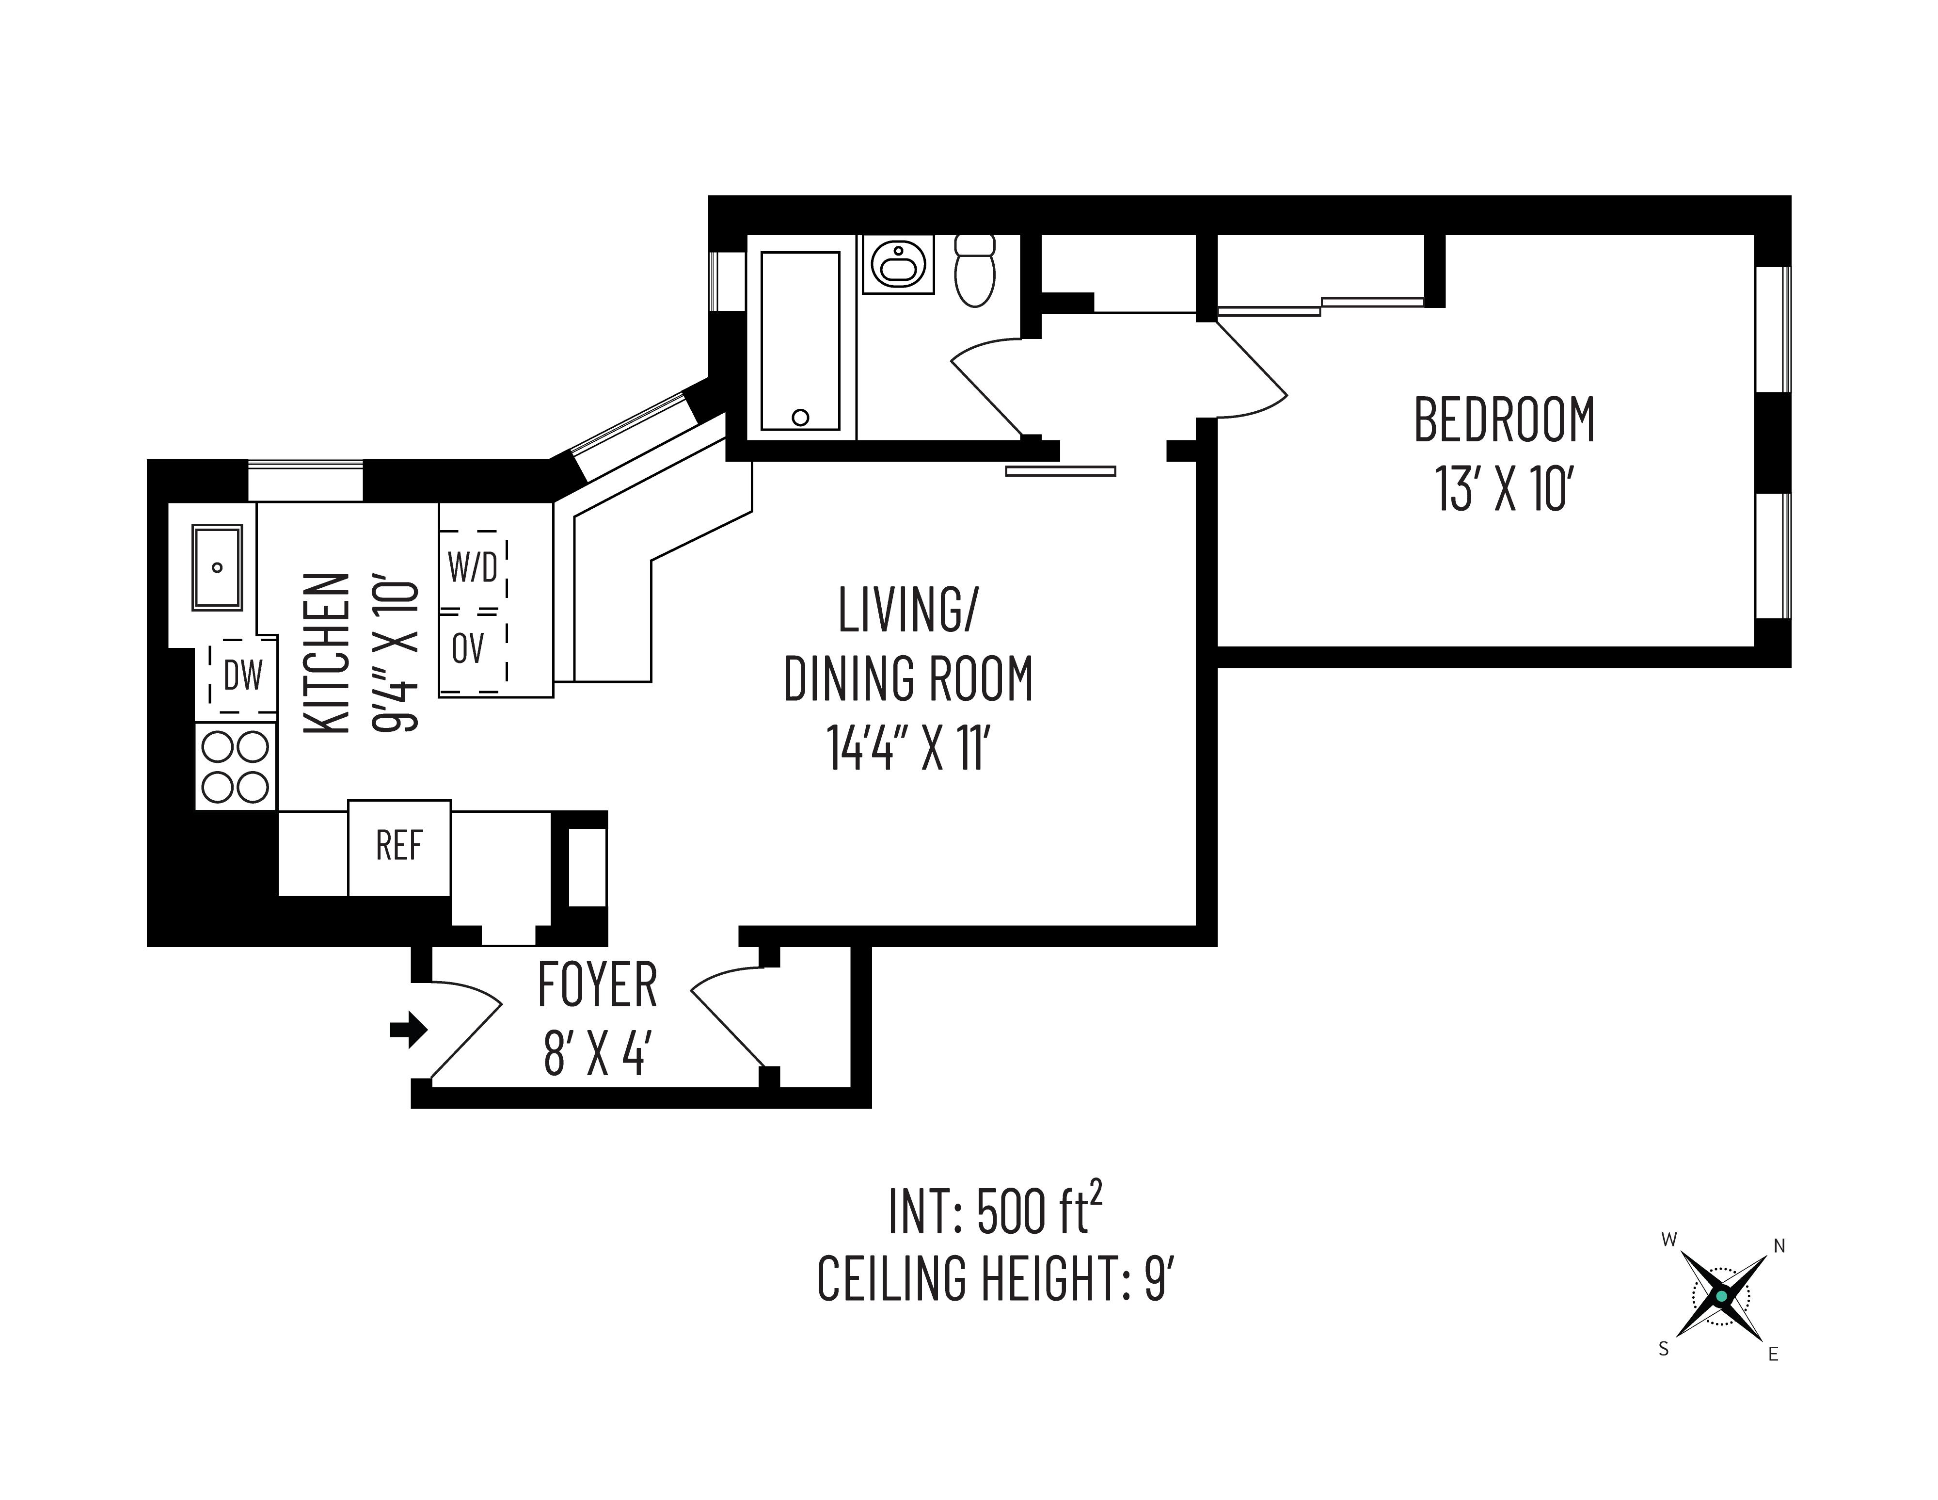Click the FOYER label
pyautogui.click(x=597, y=985)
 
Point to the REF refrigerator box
pyautogui.click(x=399, y=847)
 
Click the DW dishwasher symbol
pyautogui.click(x=242, y=677)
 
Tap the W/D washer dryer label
pyautogui.click(x=473, y=567)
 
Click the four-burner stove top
pyautogui.click(x=235, y=766)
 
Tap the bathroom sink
pyautogui.click(x=898, y=264)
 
